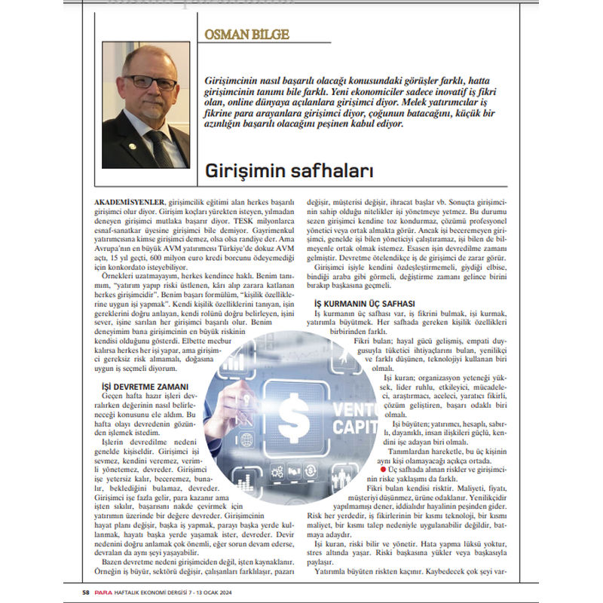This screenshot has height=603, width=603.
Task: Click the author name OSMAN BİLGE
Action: (x=247, y=35)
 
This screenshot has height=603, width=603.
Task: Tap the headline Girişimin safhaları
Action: (x=289, y=172)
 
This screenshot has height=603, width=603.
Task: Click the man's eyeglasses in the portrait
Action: (x=148, y=81)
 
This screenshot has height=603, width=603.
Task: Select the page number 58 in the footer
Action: (x=87, y=591)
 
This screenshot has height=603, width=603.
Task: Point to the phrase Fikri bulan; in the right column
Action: (x=375, y=341)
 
